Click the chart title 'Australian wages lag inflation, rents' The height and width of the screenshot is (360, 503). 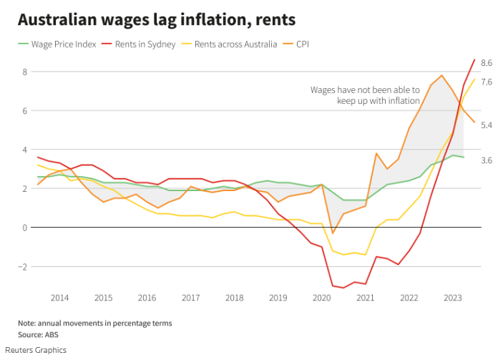tap(147, 19)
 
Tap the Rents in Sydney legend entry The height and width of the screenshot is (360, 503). tap(145, 44)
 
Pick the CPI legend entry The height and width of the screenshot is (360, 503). tap(301, 44)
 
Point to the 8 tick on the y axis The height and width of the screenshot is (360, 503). tap(24, 72)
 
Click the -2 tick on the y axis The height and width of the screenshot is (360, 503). tap(23, 267)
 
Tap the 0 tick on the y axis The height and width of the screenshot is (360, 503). tap(24, 228)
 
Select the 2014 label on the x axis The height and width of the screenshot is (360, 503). tap(59, 298)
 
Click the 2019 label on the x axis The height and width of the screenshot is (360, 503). tap(278, 298)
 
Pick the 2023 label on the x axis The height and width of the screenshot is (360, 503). tap(453, 298)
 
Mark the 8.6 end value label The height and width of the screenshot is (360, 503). tap(487, 63)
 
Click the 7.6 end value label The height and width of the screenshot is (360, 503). tap(487, 82)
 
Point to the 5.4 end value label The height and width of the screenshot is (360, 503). tap(487, 126)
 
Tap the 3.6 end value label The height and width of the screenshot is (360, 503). tap(487, 161)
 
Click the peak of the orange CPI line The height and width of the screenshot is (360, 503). tap(441, 75)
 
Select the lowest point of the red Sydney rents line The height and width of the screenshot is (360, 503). tap(343, 288)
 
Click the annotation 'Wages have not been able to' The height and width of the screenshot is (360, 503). tap(365, 90)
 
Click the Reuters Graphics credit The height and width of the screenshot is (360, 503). tap(42, 350)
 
